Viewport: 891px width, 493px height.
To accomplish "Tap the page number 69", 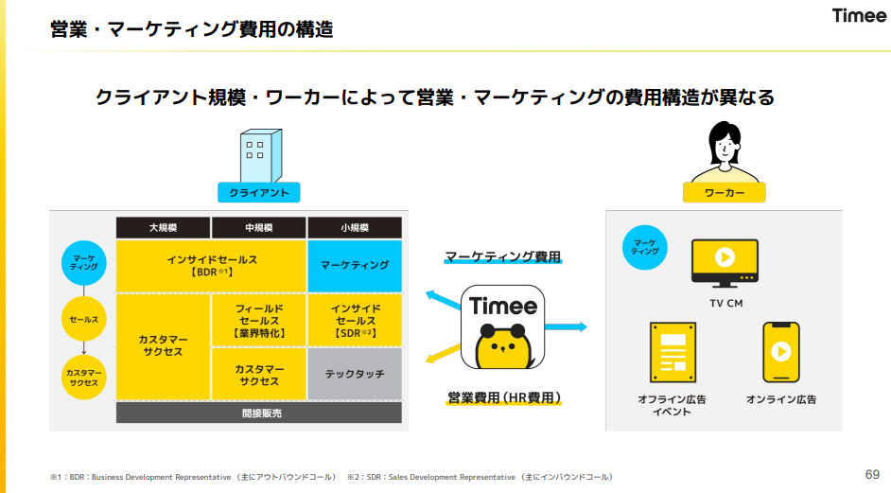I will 872,473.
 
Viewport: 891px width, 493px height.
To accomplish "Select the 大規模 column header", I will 163,228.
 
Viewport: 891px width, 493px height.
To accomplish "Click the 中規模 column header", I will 258,228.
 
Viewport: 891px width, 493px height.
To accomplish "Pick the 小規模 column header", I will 354,228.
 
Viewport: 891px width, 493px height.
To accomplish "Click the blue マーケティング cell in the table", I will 354,266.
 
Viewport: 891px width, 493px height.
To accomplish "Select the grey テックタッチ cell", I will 354,374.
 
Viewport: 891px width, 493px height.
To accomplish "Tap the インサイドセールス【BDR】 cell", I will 211,266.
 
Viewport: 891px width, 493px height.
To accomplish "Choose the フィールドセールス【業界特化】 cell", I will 258,321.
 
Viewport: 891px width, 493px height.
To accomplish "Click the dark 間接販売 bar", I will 258,413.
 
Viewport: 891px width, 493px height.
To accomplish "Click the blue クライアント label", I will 258,193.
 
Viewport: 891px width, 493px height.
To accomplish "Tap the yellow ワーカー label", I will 724,193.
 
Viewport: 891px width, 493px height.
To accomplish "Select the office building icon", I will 255,155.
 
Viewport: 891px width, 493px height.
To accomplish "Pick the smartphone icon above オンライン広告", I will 781,352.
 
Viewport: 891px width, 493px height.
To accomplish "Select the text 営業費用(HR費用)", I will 504,398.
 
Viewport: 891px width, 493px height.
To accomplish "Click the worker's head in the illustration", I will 724,142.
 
